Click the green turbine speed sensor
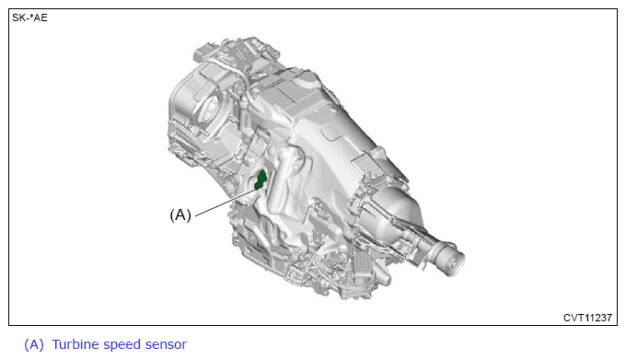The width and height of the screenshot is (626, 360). tap(261, 180)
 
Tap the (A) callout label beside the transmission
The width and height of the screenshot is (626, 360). tap(180, 215)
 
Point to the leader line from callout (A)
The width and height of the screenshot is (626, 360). tap(226, 203)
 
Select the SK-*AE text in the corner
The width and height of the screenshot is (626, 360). tap(30, 18)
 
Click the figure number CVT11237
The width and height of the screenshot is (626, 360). tap(587, 318)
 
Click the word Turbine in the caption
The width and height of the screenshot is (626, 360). tap(75, 344)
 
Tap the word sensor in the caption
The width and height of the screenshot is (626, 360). tap(166, 345)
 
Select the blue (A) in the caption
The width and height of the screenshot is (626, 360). tap(34, 345)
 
